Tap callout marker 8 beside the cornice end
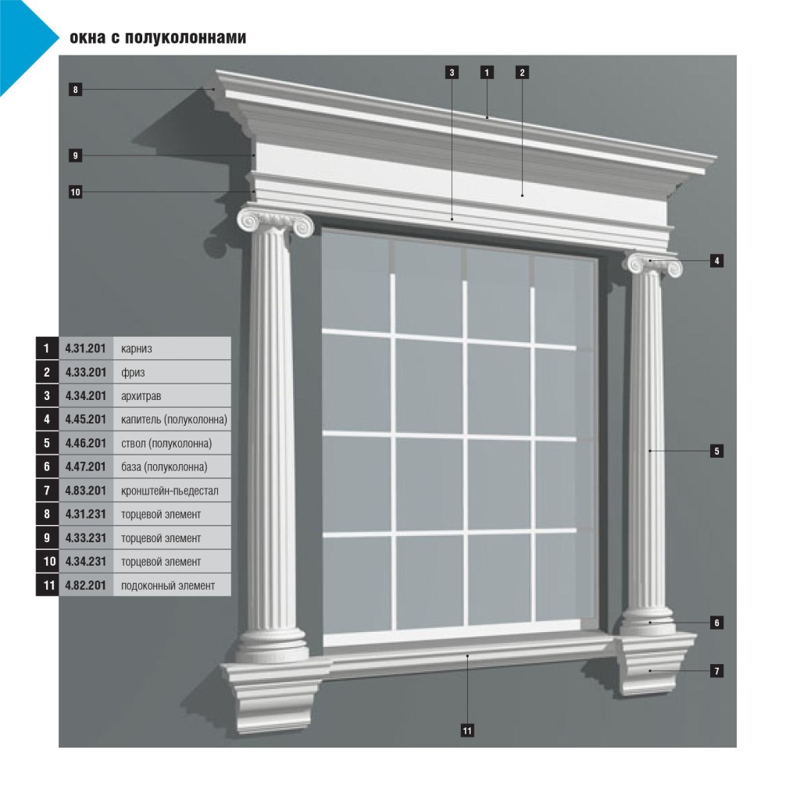(x=76, y=90)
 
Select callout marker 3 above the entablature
(x=452, y=73)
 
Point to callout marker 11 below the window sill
(x=467, y=730)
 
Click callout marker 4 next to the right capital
(x=717, y=261)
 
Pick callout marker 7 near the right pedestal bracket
(x=717, y=671)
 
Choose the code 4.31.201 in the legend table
(x=85, y=348)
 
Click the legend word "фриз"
(x=133, y=373)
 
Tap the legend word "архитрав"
(x=141, y=396)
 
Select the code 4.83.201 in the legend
(x=85, y=491)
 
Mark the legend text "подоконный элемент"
(x=168, y=586)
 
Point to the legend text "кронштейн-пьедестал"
(x=170, y=491)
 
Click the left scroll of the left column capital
(x=249, y=221)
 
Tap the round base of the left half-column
(x=271, y=645)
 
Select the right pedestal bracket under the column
(x=655, y=663)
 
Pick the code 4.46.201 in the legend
(x=85, y=444)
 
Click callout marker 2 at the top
(x=522, y=73)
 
